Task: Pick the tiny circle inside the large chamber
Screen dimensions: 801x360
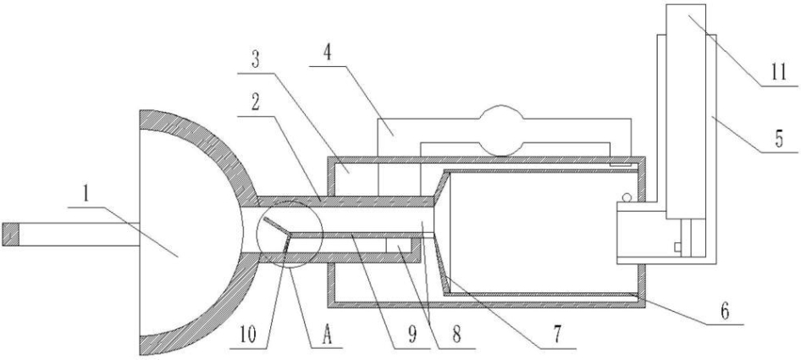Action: (x=627, y=198)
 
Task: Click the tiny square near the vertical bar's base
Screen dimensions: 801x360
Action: (x=677, y=247)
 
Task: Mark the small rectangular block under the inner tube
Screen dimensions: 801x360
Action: (x=399, y=246)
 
